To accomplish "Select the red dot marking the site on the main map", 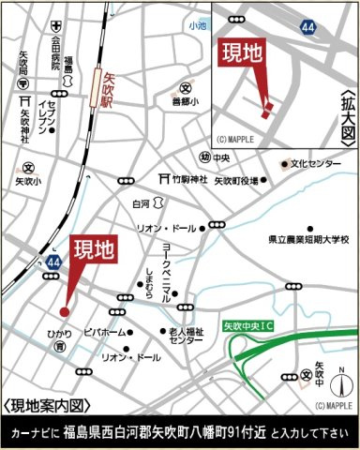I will pyautogui.click(x=65, y=311).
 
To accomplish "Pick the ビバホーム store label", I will pyautogui.click(x=104, y=332).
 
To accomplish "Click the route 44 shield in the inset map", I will pyautogui.click(x=308, y=30).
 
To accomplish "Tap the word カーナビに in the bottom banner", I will pyautogui.click(x=36, y=434).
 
